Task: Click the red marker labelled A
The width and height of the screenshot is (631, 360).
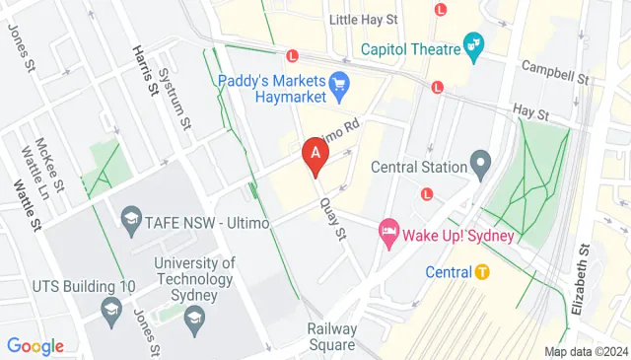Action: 315,155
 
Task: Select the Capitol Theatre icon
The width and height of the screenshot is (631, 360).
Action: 475,45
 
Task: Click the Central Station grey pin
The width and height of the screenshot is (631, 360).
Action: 480,161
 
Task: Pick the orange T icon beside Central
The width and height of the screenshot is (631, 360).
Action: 482,271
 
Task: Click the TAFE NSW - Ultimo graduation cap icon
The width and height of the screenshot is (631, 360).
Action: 130,217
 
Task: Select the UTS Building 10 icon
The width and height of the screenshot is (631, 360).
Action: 110,313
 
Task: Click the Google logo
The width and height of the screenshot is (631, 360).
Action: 35,346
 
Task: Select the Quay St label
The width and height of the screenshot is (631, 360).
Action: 334,218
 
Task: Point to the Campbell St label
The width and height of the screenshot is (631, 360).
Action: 555,71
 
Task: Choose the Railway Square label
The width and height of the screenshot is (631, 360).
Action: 330,336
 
